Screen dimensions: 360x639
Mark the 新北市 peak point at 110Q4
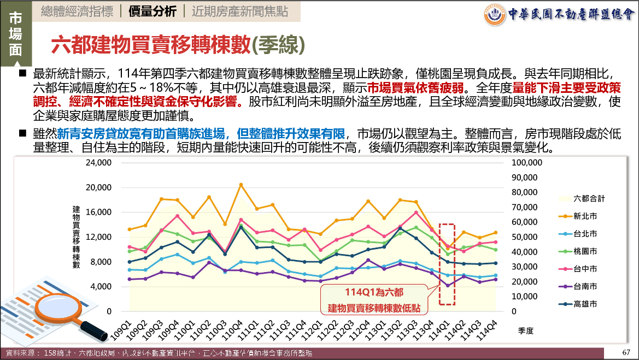(241, 185)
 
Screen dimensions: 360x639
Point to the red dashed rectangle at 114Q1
(447, 264)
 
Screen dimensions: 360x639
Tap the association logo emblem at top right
(495, 15)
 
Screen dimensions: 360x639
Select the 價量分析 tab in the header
(153, 11)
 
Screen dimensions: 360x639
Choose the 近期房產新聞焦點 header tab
(236, 11)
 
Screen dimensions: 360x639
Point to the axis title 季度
(525, 331)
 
